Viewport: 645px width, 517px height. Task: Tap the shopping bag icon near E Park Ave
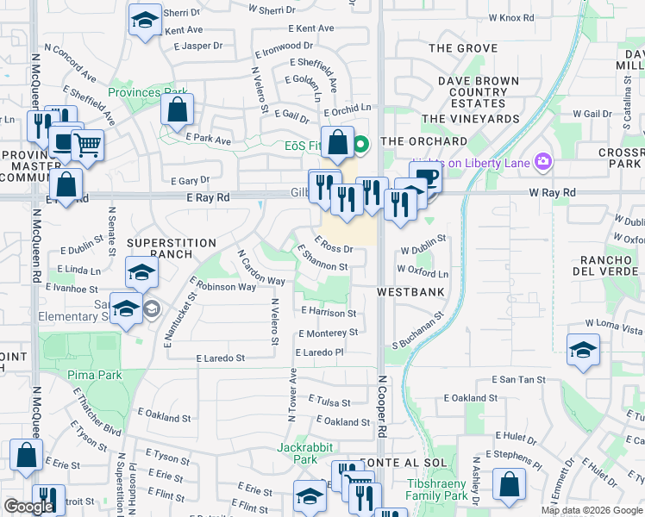coord(178,110)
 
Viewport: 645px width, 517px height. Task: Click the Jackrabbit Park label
coord(298,453)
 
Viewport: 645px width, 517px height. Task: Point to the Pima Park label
coord(95,375)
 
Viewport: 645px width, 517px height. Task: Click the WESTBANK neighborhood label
coord(410,292)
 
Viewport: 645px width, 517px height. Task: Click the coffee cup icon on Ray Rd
coord(425,178)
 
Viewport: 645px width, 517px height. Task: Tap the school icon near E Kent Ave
coord(145,20)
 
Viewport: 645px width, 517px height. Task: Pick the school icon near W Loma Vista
coord(583,350)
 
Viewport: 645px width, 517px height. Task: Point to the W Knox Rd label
coord(511,17)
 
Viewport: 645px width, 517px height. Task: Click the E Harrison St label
coord(328,312)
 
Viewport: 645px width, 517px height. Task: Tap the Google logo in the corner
coord(28,507)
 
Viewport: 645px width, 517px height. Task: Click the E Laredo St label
coord(221,358)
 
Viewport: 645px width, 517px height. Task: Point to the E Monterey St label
coord(328,333)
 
